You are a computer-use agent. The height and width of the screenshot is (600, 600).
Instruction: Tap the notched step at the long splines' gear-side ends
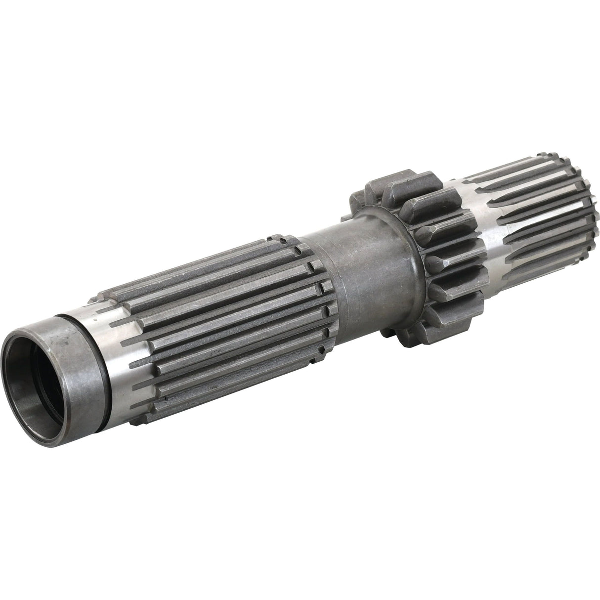click(x=321, y=297)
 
